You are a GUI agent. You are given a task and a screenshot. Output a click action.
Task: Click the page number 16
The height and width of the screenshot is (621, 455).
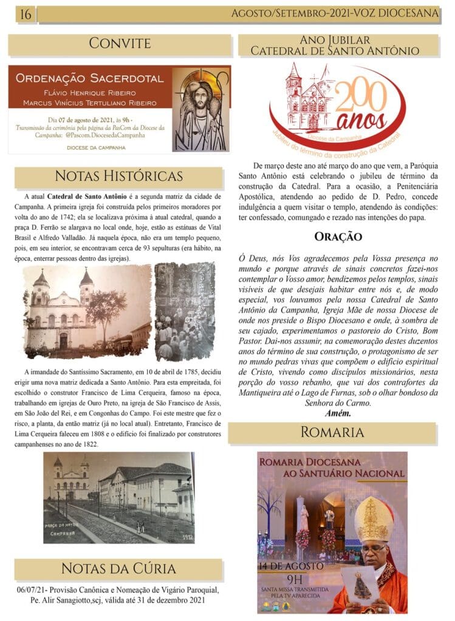(x=26, y=14)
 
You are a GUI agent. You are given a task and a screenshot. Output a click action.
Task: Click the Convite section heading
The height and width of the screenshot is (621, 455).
(x=120, y=43)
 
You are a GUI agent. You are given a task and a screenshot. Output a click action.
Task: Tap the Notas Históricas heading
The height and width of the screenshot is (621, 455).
(x=118, y=176)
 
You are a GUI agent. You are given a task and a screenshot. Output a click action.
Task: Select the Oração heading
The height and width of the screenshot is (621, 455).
(x=338, y=237)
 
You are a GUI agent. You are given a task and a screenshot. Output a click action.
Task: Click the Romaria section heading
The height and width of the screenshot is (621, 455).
(x=332, y=432)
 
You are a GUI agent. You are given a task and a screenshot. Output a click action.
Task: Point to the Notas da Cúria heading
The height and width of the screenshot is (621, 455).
(x=118, y=568)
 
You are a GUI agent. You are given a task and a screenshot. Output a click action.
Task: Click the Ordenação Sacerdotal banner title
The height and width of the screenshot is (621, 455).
(x=89, y=78)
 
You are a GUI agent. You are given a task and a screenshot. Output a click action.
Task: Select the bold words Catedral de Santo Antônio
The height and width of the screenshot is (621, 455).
(x=86, y=198)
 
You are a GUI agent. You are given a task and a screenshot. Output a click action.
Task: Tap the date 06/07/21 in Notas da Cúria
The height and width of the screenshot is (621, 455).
(x=30, y=589)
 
